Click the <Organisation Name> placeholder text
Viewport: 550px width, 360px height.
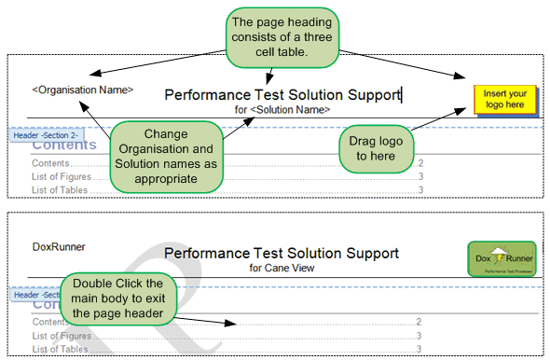point(82,90)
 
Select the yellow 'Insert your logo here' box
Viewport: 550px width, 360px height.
point(505,99)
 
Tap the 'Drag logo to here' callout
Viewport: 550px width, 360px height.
point(377,147)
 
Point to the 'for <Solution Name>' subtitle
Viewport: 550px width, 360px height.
point(282,109)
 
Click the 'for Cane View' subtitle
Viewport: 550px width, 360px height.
point(282,268)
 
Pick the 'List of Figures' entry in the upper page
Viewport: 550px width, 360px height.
point(62,176)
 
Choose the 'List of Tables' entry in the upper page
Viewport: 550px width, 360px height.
point(60,190)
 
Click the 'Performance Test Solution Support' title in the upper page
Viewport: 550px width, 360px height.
point(282,94)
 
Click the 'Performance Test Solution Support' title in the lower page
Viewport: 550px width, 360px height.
point(282,253)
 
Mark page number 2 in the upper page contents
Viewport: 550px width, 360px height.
point(420,163)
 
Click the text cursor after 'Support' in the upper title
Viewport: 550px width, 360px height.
point(401,94)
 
